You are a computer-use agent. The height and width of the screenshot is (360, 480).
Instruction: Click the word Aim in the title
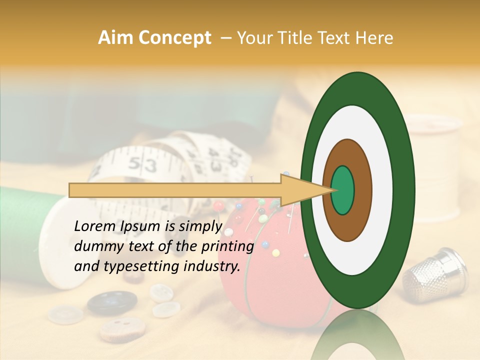coord(116,38)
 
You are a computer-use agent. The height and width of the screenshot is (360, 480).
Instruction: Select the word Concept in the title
coord(175,38)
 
